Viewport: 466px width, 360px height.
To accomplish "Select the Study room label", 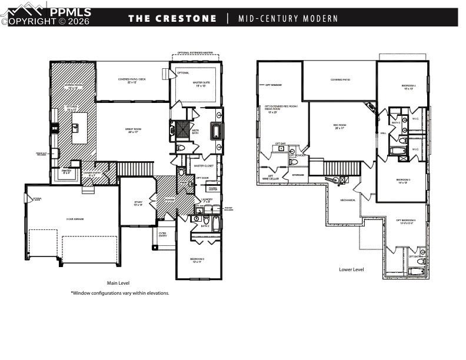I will click(x=138, y=203).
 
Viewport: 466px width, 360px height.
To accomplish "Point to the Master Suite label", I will click(x=201, y=84).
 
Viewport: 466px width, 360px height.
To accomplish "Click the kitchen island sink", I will click(x=76, y=126).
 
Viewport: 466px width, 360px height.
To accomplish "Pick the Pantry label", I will click(x=66, y=172).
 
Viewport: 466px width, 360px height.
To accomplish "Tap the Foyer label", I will click(x=169, y=199).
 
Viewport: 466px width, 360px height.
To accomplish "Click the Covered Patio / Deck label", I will click(x=132, y=81).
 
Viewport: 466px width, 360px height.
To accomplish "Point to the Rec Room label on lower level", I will click(x=339, y=126).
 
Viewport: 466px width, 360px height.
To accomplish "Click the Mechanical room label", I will click(x=348, y=201).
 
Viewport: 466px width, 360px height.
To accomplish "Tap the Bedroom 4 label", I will click(x=408, y=86).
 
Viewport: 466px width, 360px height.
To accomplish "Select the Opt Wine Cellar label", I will click(x=271, y=177).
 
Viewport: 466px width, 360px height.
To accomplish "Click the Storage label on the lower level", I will click(x=298, y=174).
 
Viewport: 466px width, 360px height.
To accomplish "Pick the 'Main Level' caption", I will click(x=118, y=283).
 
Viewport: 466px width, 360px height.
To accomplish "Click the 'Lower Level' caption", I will click(x=351, y=269).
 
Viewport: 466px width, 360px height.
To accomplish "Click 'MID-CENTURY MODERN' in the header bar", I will click(x=288, y=18).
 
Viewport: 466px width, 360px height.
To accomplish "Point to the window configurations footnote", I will click(x=119, y=293).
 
